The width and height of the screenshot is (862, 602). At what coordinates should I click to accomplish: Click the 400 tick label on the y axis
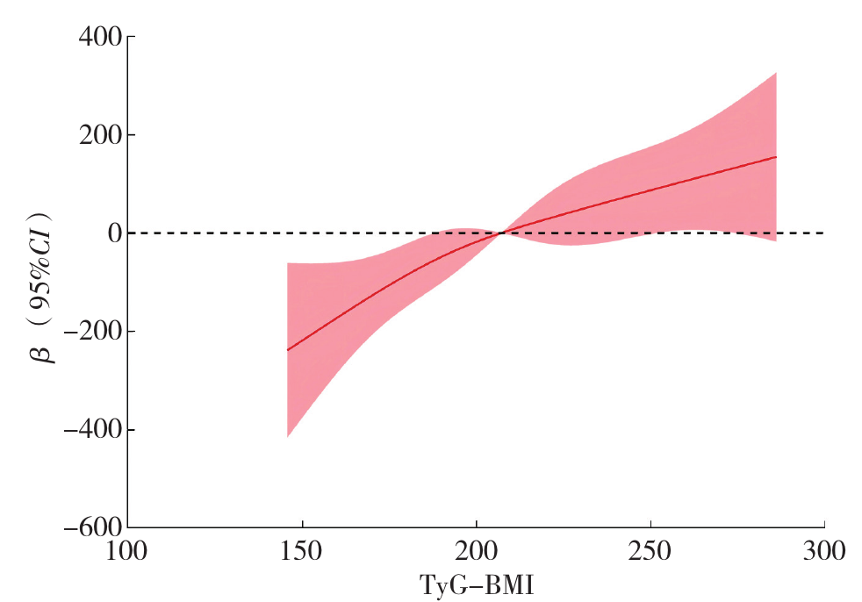98,38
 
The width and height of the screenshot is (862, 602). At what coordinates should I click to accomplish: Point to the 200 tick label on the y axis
98,135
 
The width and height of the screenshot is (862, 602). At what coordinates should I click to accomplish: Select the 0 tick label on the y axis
111,233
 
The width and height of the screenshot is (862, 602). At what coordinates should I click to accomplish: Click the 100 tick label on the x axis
128,552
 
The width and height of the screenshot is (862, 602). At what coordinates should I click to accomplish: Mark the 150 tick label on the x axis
302,552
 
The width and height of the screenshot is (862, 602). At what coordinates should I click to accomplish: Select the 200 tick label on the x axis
477,552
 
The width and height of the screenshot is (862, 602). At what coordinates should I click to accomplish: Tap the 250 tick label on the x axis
650,552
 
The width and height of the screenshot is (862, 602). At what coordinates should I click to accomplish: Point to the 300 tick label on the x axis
824,552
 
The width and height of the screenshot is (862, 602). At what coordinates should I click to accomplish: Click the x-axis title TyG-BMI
477,584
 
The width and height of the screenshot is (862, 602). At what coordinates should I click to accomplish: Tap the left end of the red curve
288,350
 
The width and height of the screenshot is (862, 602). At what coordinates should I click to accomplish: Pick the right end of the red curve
777,157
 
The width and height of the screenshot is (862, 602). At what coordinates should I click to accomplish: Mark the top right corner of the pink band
777,72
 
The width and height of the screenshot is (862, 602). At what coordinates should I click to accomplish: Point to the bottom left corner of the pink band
288,437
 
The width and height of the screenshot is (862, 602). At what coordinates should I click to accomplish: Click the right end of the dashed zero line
823,233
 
